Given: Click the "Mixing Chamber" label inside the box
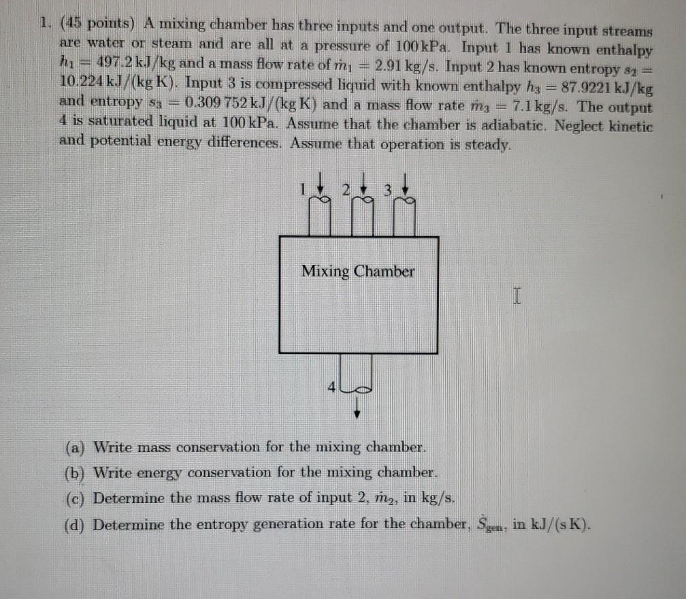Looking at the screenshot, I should pos(358,272).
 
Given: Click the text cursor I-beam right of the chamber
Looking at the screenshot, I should pos(517,295).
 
